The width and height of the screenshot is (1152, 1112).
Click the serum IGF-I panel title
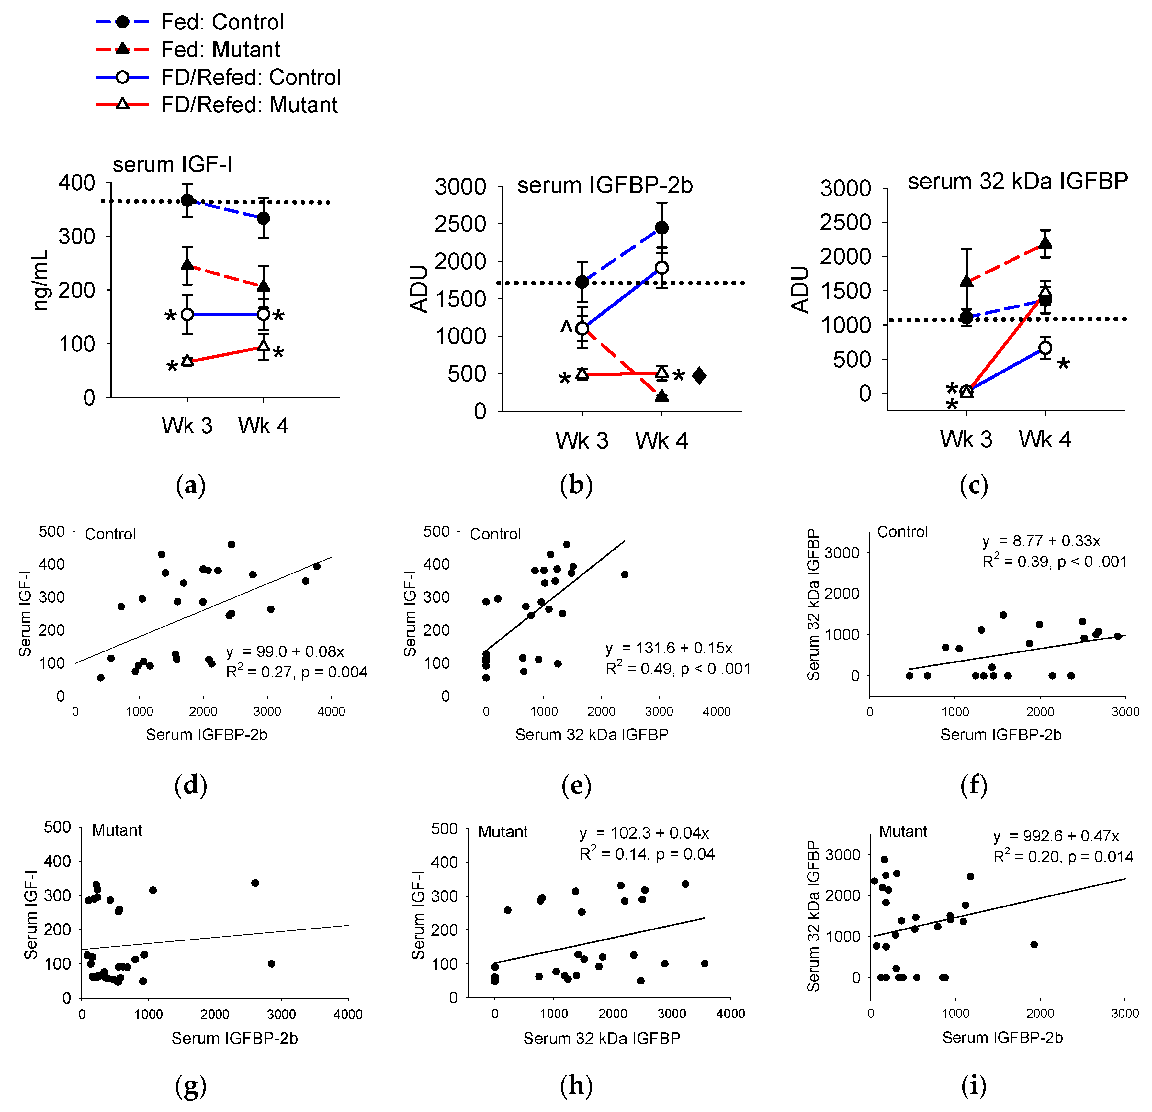click(x=172, y=164)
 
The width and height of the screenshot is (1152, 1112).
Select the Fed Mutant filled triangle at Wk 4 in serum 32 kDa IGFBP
click(x=1045, y=243)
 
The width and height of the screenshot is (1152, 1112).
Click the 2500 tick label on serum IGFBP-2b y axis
click(x=460, y=224)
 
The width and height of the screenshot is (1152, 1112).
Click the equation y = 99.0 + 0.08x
click(x=285, y=651)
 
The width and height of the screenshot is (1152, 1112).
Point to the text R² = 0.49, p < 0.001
click(x=678, y=669)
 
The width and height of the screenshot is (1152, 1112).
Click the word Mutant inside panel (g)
click(x=117, y=830)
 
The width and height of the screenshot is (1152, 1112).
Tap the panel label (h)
click(x=576, y=1085)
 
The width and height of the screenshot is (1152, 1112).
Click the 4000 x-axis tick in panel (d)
click(x=331, y=711)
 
